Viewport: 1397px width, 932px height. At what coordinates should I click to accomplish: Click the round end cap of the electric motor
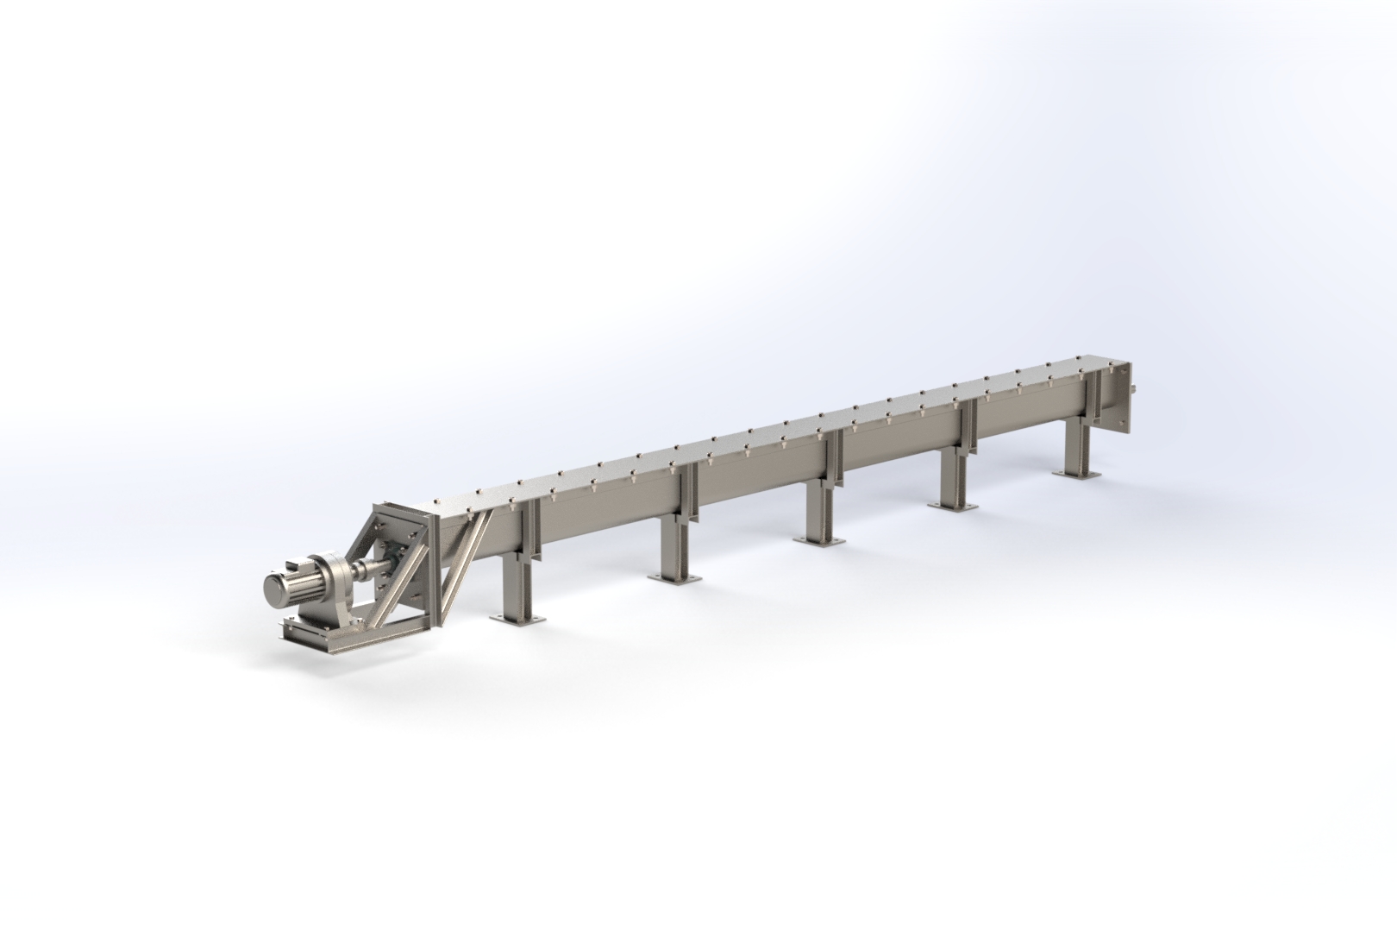(277, 591)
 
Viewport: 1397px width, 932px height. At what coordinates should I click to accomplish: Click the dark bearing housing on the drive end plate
(398, 561)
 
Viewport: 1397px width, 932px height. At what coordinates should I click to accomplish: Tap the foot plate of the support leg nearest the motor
(515, 617)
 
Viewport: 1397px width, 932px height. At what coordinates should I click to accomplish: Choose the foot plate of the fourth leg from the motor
(950, 505)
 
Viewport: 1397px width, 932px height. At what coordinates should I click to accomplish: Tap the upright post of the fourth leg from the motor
(950, 477)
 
